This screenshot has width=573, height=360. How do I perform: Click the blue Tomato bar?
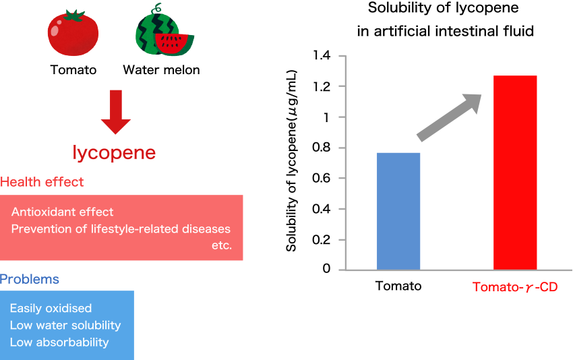(x=398, y=211)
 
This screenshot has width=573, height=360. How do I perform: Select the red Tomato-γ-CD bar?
(x=515, y=173)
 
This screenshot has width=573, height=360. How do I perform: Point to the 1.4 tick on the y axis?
(x=342, y=56)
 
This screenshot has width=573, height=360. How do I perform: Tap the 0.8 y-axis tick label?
(x=321, y=147)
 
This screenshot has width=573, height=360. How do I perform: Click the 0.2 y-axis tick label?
(x=321, y=240)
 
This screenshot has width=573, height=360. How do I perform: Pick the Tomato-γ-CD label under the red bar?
(x=515, y=287)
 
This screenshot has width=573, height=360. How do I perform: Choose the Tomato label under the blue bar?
(x=398, y=286)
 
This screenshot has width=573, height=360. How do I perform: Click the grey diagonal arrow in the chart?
(x=450, y=117)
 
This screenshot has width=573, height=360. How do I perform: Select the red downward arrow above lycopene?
(x=115, y=112)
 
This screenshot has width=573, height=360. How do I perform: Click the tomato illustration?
(x=73, y=33)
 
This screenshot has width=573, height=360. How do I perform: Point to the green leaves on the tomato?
(x=74, y=16)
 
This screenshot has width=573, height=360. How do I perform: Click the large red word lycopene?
(x=114, y=153)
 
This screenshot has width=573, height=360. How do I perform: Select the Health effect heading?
(x=42, y=182)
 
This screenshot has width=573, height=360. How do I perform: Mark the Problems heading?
(x=29, y=279)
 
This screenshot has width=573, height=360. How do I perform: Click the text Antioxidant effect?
(x=63, y=212)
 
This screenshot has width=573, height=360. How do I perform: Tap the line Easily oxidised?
(x=51, y=309)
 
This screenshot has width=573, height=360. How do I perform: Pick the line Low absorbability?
(x=59, y=342)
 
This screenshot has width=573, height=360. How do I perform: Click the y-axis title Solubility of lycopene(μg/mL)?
(x=291, y=161)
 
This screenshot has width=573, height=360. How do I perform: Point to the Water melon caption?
(x=162, y=70)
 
